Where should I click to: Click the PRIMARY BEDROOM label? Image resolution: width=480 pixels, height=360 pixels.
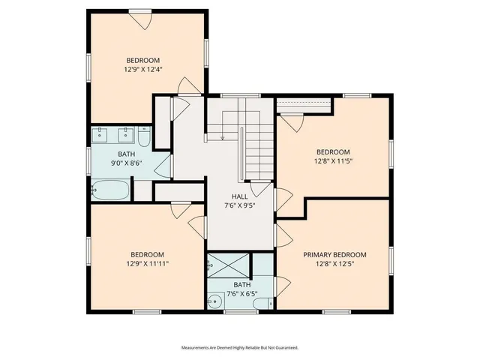click(x=334, y=254)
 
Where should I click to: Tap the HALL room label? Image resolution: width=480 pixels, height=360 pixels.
click(x=240, y=196)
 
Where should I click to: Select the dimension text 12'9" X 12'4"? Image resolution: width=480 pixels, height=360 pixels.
click(x=143, y=70)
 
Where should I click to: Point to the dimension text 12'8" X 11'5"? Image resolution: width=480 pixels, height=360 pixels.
click(x=333, y=160)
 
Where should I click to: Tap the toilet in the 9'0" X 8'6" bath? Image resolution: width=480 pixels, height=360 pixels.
click(x=145, y=136)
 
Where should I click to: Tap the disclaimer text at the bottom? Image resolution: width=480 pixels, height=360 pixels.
click(x=240, y=347)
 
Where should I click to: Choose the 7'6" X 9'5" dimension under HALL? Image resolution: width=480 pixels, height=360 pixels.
click(x=240, y=205)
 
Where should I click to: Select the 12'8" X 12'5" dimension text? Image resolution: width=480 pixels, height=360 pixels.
click(x=334, y=264)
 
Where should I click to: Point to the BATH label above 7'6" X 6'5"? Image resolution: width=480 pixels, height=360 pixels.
click(x=241, y=285)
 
